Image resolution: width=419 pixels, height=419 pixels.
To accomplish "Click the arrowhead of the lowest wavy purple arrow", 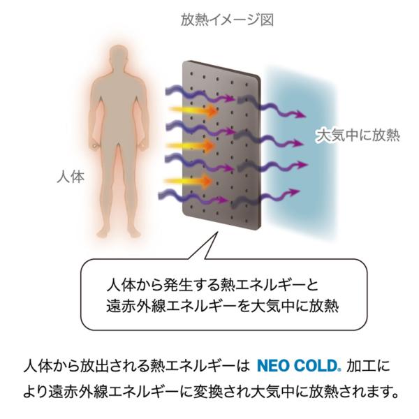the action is [302, 198].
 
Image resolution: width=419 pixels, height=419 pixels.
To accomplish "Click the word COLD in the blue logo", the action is [314, 365].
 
